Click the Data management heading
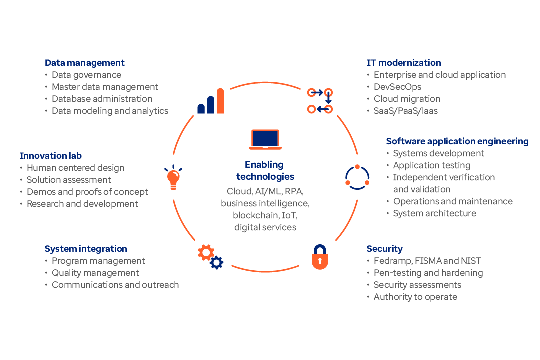[85, 63]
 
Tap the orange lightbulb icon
[173, 178]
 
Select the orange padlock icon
[320, 258]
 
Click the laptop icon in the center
[265, 139]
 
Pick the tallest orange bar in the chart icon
[220, 101]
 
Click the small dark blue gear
[217, 263]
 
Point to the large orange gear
[206, 252]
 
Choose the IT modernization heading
[404, 63]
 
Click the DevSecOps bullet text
[398, 87]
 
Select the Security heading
[384, 249]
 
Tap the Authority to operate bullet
[415, 297]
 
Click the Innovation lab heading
[51, 156]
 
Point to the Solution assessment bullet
[69, 180]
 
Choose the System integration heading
[86, 249]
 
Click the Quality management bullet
[95, 273]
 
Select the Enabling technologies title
[265, 170]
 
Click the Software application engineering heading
[457, 141]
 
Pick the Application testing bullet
[432, 165]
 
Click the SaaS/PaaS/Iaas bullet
[406, 111]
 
